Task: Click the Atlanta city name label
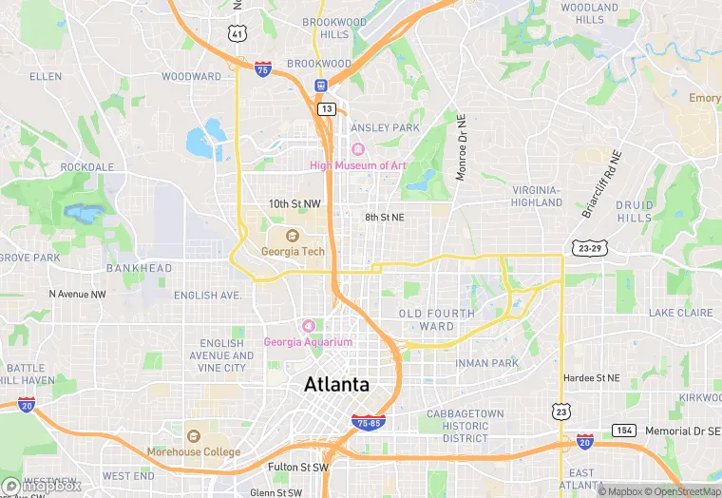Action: [x=336, y=385]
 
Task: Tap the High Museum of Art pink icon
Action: [x=358, y=149]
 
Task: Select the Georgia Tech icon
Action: [x=293, y=235]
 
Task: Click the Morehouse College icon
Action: [x=194, y=435]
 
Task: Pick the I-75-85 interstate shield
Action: [x=368, y=421]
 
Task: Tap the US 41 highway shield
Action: [x=237, y=33]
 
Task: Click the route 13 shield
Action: [x=327, y=109]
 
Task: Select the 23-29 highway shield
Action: [x=589, y=248]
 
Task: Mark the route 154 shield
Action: [x=623, y=431]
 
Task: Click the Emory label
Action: [x=704, y=98]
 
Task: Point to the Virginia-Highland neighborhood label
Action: [x=536, y=196]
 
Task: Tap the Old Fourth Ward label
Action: [x=437, y=319]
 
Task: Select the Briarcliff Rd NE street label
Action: [x=601, y=183]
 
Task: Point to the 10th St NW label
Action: [x=294, y=203]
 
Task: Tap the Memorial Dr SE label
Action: [x=682, y=431]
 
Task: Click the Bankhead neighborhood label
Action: [x=140, y=268]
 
